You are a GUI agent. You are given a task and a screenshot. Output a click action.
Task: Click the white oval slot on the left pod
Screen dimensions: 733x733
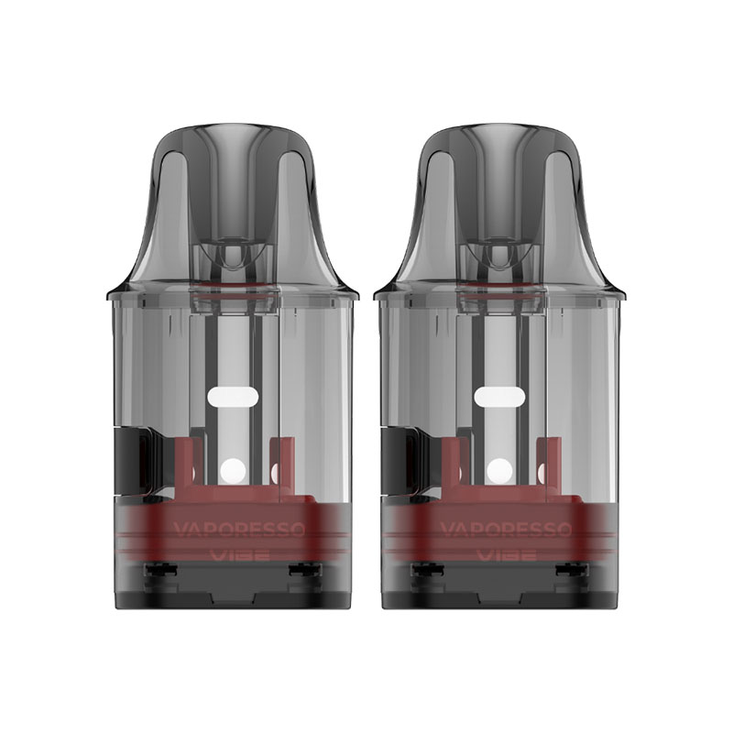tap(232, 396)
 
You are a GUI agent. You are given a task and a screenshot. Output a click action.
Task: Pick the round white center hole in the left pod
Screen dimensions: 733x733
tap(232, 471)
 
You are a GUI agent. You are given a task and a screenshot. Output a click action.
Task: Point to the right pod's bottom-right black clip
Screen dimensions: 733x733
tap(573, 571)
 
